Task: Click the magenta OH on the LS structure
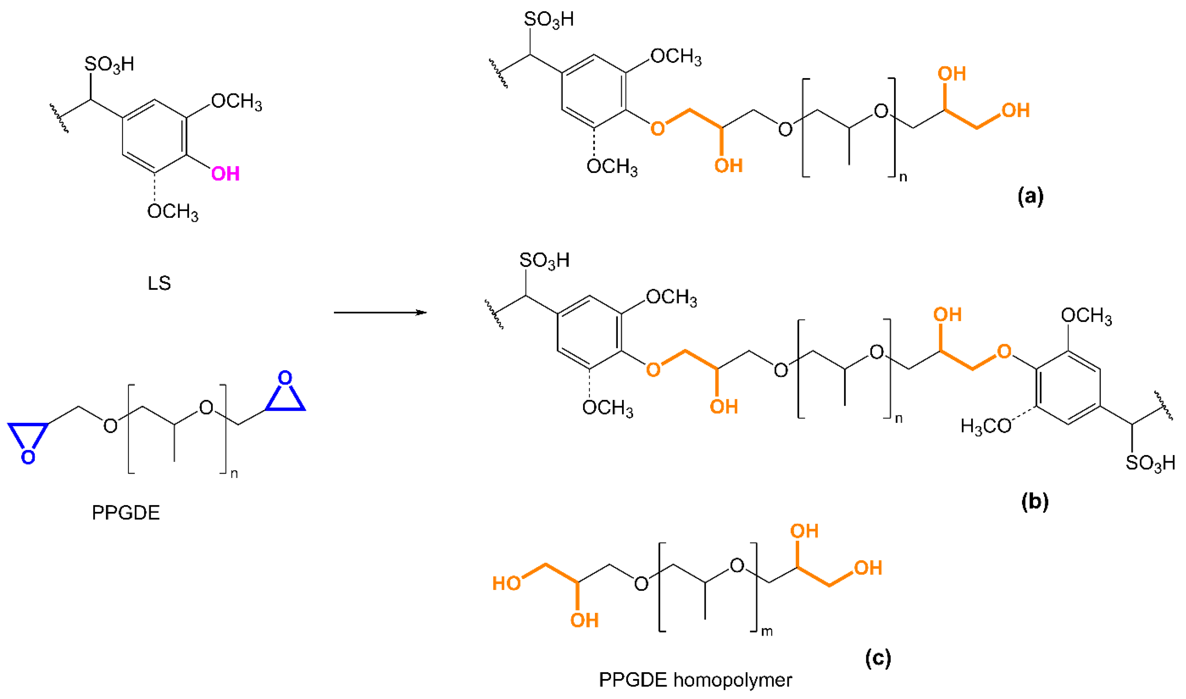pos(225,174)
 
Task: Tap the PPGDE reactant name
pos(126,513)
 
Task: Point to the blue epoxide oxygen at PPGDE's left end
pos(28,457)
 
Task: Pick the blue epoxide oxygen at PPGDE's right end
pos(285,378)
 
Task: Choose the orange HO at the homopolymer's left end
pos(506,583)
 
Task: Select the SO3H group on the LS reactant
pos(109,65)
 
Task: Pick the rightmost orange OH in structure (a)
pos(1016,111)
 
